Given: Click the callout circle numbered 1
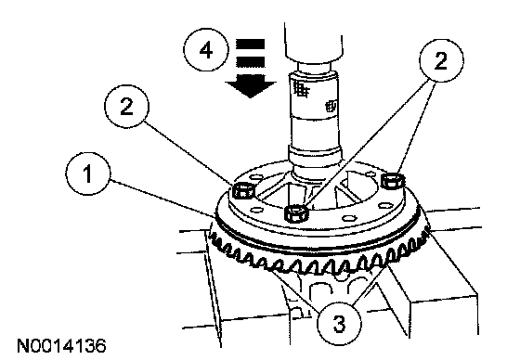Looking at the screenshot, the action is point(88,174).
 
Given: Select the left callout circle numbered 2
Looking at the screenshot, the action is point(126,107).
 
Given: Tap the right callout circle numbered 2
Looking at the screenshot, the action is point(441,60).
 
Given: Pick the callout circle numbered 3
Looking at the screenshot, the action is point(339,323).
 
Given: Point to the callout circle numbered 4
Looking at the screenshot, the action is point(206,50).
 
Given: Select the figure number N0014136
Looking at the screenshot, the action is point(61,346).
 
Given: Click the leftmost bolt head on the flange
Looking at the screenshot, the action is point(243,190).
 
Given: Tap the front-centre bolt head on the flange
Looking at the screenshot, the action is point(296,213).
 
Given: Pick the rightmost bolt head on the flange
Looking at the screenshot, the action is point(393,181).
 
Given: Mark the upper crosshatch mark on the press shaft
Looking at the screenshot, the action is point(302,89).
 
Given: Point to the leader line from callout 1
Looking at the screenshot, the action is point(162,199).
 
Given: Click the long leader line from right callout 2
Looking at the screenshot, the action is point(366,145).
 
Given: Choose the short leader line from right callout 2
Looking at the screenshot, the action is point(416,127).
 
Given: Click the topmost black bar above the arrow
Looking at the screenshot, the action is point(250,45).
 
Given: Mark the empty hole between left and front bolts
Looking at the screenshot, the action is point(256,210).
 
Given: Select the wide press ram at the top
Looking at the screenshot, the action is point(313,43).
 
